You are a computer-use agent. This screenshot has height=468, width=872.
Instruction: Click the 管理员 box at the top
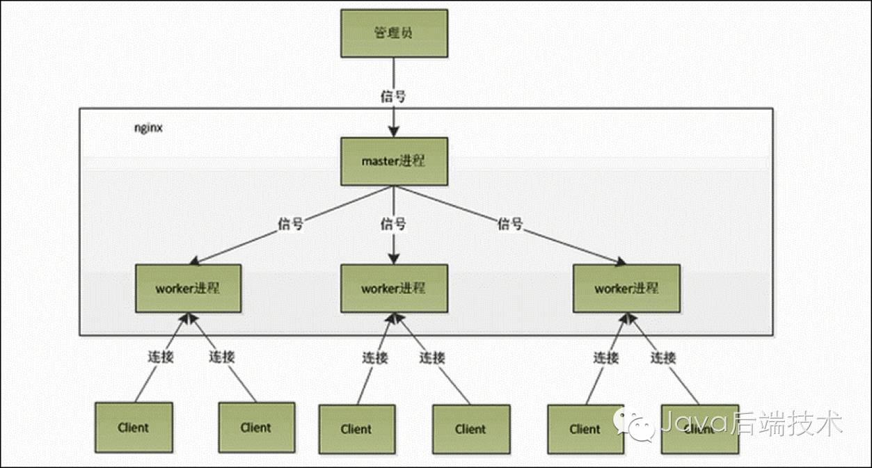(x=394, y=33)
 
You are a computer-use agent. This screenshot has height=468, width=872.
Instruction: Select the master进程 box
(x=394, y=161)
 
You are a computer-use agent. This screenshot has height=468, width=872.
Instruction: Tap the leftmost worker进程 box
(x=188, y=288)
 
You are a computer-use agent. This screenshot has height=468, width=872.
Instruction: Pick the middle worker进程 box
(x=394, y=288)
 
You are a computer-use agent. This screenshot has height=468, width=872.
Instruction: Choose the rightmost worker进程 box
(x=626, y=288)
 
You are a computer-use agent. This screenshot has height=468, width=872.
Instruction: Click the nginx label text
(x=148, y=129)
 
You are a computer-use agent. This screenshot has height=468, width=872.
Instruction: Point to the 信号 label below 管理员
(x=393, y=96)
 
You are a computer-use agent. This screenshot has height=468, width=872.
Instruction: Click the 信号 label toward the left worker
(x=290, y=225)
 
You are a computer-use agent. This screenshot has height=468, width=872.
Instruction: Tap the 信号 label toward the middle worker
(x=393, y=225)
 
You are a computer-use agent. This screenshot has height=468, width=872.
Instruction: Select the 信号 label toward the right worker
(x=509, y=225)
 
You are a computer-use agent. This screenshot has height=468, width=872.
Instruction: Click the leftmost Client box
(x=134, y=427)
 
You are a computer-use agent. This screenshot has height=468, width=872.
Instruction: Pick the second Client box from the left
(x=256, y=427)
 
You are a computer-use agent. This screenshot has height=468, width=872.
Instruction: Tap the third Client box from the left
(x=356, y=429)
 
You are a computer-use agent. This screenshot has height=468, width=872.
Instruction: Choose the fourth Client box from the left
(x=471, y=429)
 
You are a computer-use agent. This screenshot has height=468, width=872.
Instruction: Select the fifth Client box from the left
(x=585, y=429)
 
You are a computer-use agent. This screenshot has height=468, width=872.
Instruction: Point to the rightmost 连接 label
(x=663, y=358)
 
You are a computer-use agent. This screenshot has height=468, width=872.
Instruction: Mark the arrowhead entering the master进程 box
(x=394, y=133)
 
